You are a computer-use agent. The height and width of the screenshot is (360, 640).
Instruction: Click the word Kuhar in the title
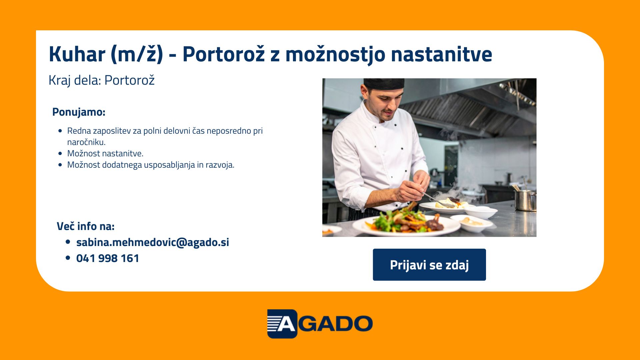coord(77,54)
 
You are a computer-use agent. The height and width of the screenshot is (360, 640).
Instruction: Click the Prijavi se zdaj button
coord(429,265)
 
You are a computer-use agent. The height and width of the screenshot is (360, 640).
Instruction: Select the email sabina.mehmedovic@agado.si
coord(153,242)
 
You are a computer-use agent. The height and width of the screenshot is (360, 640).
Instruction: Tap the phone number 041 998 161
coord(108,258)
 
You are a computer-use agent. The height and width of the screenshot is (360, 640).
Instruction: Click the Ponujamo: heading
coord(79,112)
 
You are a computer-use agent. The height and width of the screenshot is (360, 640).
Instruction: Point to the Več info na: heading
coord(86,226)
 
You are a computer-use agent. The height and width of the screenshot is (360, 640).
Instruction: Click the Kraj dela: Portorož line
coord(102,80)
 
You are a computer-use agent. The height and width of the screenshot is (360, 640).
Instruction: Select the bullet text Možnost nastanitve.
coord(105,153)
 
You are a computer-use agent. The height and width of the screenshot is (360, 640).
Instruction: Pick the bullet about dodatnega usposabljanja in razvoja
coord(151,165)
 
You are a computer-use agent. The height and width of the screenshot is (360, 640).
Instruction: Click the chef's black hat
coord(384,84)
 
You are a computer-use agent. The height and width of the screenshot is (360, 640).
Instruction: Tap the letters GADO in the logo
coord(335,324)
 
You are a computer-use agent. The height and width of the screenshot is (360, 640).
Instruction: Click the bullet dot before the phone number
coord(68,258)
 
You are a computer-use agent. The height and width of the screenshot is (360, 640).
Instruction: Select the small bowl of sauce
coord(471,223)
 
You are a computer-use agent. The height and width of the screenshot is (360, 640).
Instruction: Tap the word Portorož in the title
coord(224,54)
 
